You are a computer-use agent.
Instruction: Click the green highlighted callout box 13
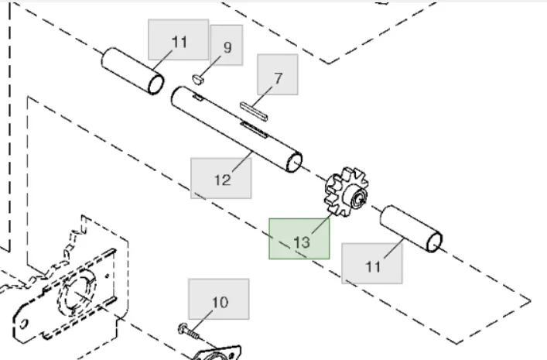tap(299, 238)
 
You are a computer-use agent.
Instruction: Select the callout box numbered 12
tap(221, 177)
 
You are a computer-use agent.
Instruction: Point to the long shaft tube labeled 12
tap(232, 128)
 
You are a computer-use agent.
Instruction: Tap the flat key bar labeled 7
tap(255, 110)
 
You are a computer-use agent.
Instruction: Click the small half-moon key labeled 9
tap(198, 77)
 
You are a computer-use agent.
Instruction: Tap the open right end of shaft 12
tap(293, 163)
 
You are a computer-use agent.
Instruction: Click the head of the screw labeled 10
tap(183, 328)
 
